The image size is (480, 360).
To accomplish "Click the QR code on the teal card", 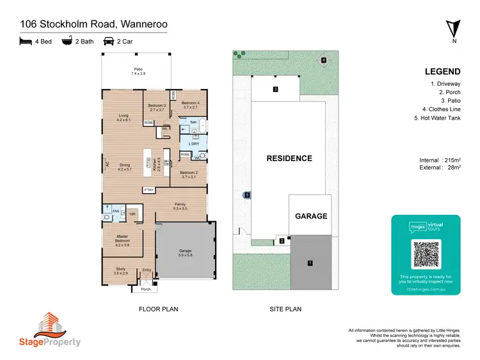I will (426, 254).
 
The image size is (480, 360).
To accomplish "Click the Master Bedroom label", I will (122, 239).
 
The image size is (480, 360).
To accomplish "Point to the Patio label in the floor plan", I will (138, 71).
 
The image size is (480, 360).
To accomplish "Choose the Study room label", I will (121, 270).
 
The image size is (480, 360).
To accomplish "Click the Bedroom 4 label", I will (190, 105).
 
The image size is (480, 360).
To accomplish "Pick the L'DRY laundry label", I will (194, 143).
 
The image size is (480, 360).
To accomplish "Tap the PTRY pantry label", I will (148, 190).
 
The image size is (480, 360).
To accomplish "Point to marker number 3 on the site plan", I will (275, 89).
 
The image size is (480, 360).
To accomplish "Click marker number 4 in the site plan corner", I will (324, 60).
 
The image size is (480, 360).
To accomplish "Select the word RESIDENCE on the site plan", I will (289, 158).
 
